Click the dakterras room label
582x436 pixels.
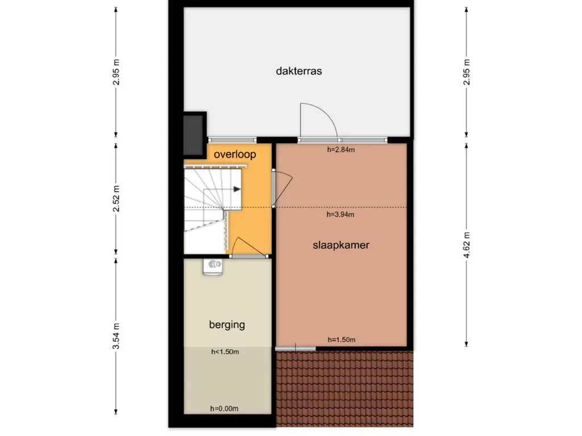click(x=299, y=71)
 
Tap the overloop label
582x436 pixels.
click(x=235, y=154)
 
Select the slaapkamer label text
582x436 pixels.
click(x=341, y=245)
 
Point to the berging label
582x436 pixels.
click(x=227, y=325)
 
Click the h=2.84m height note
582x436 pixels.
click(x=341, y=150)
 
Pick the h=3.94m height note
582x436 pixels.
click(x=340, y=214)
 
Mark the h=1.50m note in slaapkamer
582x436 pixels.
click(x=342, y=339)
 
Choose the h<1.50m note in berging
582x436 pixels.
click(x=225, y=352)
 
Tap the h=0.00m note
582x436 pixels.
click(x=224, y=409)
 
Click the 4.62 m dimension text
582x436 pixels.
click(x=467, y=245)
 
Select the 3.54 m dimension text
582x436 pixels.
click(x=116, y=336)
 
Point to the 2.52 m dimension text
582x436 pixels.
click(x=116, y=199)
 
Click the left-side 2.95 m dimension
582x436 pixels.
click(x=116, y=72)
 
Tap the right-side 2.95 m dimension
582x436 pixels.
click(x=467, y=72)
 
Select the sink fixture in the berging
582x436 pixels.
click(x=213, y=267)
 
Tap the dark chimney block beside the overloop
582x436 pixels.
click(x=193, y=135)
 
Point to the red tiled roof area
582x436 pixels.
click(x=344, y=388)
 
